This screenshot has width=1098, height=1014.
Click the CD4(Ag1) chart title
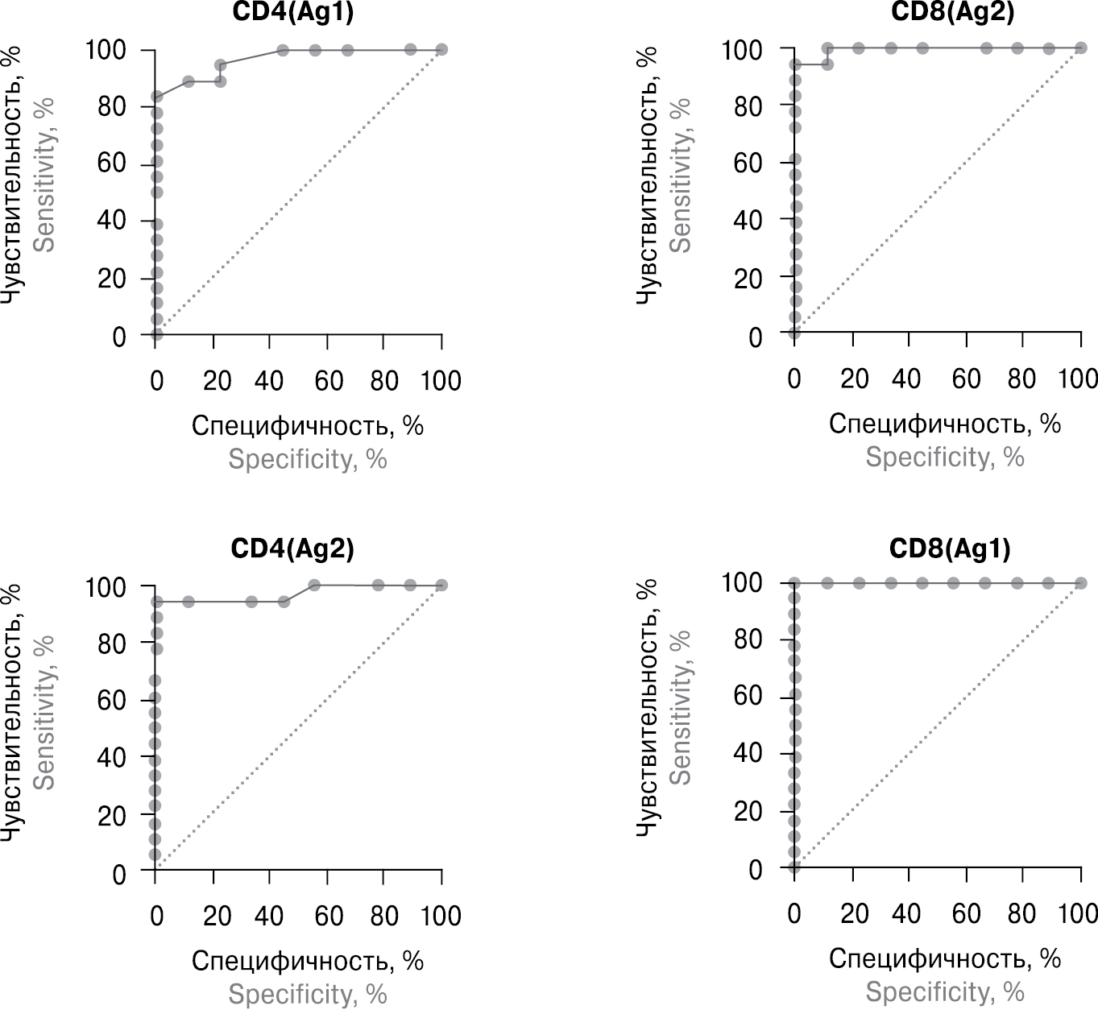coord(292,12)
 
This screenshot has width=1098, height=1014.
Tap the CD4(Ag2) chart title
coord(292,548)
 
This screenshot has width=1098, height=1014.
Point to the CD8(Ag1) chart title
coord(950,548)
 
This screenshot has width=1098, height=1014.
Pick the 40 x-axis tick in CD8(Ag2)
coord(906,379)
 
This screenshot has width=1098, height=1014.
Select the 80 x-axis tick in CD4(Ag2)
coord(384,916)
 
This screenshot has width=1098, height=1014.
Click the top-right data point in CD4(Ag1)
coord(441,50)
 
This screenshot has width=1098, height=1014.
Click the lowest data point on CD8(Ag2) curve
coord(794,333)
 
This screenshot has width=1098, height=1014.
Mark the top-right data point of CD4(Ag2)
coord(441,585)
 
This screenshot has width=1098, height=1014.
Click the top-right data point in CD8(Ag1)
coord(1080,583)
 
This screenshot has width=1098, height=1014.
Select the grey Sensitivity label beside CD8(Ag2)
coord(681,175)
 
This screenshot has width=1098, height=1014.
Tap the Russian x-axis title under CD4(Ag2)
coord(307,961)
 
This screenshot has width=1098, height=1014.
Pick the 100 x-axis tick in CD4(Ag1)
coord(441,380)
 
